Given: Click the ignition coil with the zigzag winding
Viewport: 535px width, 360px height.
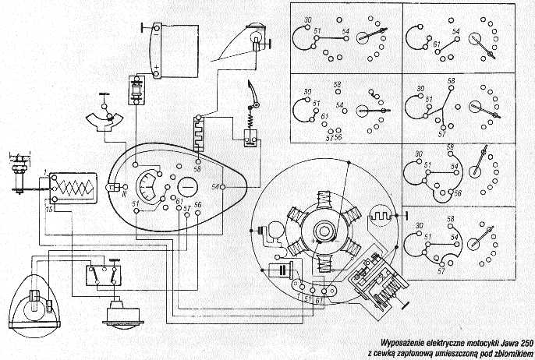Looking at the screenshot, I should pos(72,188).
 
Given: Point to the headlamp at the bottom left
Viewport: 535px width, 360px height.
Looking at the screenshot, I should pos(33,300).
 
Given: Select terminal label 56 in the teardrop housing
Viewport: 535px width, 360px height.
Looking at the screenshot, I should pos(198,204).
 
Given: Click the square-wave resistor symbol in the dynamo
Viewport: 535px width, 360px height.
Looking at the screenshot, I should pos(383,214).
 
